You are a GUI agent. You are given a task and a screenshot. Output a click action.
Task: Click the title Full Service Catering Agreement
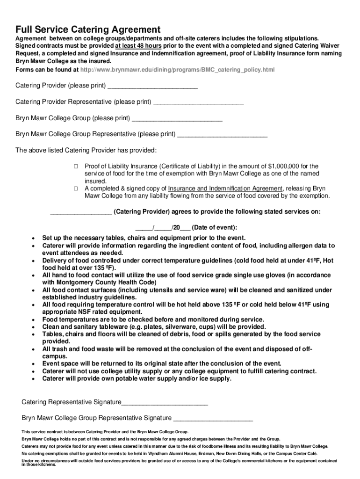coord(88,29)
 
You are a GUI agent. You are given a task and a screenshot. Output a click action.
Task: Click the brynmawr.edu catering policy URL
coord(177,70)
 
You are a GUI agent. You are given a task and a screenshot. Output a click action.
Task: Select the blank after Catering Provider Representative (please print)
coord(198,102)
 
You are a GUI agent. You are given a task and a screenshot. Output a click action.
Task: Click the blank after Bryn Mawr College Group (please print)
coord(177,118)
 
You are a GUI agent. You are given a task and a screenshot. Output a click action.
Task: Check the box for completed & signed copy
coord(75,189)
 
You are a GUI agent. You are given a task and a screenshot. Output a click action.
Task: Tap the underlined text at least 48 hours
coord(138,46)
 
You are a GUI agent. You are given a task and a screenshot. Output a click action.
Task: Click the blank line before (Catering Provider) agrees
coord(80,212)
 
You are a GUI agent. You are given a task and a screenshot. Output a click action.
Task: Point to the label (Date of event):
coord(215,228)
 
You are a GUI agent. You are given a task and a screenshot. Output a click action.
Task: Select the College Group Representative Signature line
coord(213,418)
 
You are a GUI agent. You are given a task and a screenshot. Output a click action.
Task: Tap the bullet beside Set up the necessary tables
coord(33,238)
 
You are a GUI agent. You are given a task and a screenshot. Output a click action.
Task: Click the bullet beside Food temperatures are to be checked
coord(33,320)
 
